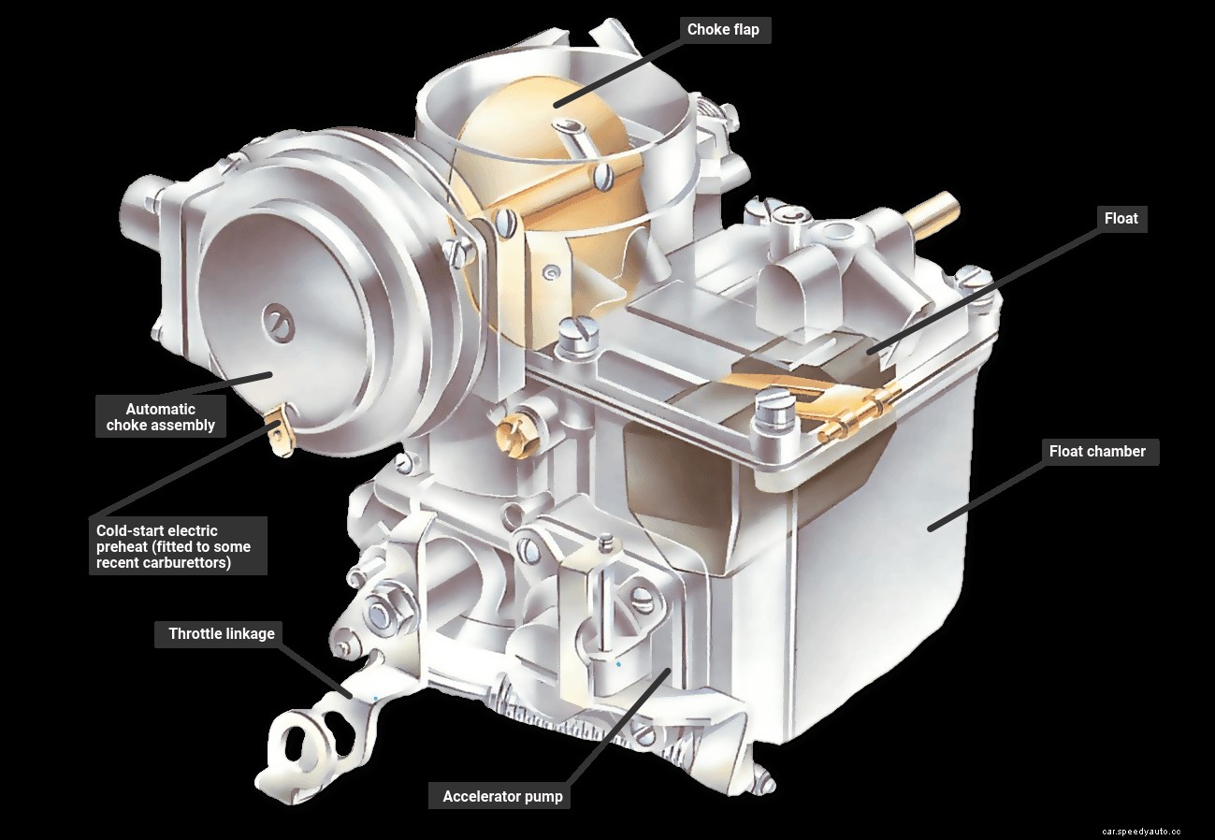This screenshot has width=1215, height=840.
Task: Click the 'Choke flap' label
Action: pos(723,30)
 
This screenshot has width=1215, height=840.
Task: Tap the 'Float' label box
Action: pos(1121,218)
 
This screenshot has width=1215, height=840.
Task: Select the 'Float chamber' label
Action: pos(1097,452)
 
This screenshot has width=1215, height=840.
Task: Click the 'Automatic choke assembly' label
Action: pos(161,417)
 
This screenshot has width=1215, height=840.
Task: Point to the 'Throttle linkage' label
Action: pos(222,634)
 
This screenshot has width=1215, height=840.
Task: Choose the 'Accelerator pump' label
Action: pos(502,797)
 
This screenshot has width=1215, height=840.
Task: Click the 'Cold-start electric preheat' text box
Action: pos(178,546)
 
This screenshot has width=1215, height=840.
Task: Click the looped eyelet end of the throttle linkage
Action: pos(297,742)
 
